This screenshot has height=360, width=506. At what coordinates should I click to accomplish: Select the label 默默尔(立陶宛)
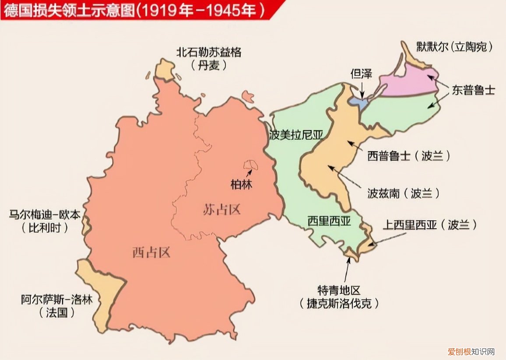[x=453, y=47]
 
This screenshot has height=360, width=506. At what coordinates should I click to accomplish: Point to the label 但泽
[x=361, y=74]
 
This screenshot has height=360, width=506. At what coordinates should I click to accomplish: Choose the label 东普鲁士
[x=473, y=90]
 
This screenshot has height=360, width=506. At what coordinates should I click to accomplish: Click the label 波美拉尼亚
[x=296, y=135]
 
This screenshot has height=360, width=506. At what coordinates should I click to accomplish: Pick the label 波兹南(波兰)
[x=403, y=193]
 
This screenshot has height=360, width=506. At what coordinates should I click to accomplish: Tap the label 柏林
[x=242, y=184]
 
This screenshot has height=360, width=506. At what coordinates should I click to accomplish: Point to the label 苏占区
[x=222, y=209]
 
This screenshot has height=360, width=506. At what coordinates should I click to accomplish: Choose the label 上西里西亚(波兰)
[x=429, y=225]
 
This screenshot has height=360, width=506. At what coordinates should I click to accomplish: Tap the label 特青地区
[x=339, y=290]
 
